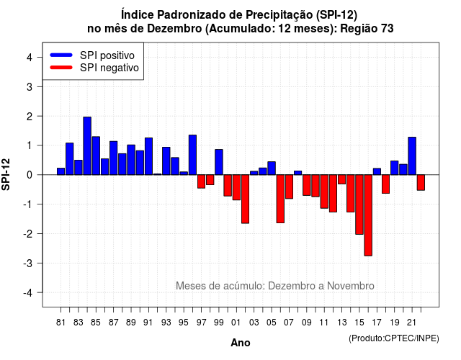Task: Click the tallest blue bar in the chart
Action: pos(87,145)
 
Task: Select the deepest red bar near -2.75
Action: pos(368,215)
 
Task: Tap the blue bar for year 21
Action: pos(412,156)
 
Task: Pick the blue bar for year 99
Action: pos(219,162)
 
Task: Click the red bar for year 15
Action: pos(359,204)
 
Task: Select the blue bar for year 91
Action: pos(149,156)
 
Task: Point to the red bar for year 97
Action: pos(202,181)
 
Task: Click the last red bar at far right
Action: pos(421,182)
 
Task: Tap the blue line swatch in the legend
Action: pos(61,55)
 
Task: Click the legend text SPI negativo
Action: pos(109,68)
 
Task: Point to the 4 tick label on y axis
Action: pos(30,58)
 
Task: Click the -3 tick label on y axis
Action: pos(28,263)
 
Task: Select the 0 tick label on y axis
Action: pos(30,175)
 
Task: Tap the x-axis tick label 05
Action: pos(272,323)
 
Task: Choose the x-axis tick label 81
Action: pos(61,323)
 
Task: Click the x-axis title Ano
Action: pos(241,343)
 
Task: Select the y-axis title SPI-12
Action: pos(6,174)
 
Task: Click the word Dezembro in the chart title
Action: pos(174,29)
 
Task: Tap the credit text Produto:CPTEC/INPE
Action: pos(394,338)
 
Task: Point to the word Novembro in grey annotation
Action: pos(351,286)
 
